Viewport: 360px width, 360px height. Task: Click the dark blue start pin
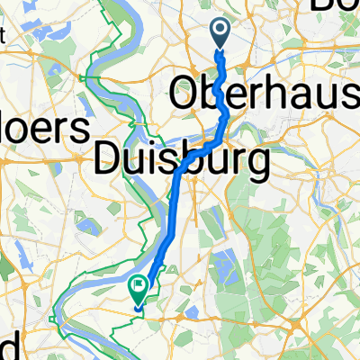(221, 33)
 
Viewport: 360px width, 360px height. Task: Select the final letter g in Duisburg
(257, 166)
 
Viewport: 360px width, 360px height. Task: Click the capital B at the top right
(322, 7)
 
